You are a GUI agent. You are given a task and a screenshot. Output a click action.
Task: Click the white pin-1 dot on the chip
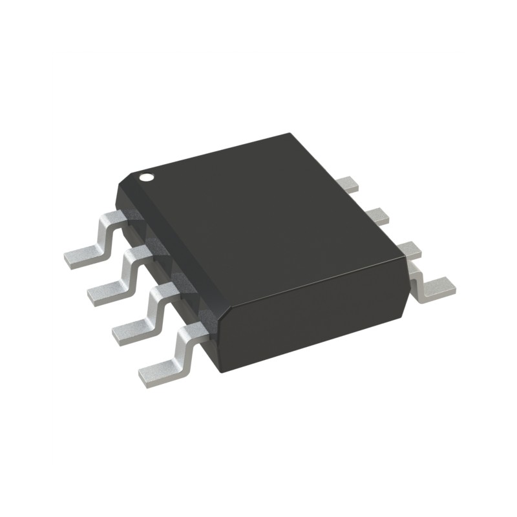coord(147,176)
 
